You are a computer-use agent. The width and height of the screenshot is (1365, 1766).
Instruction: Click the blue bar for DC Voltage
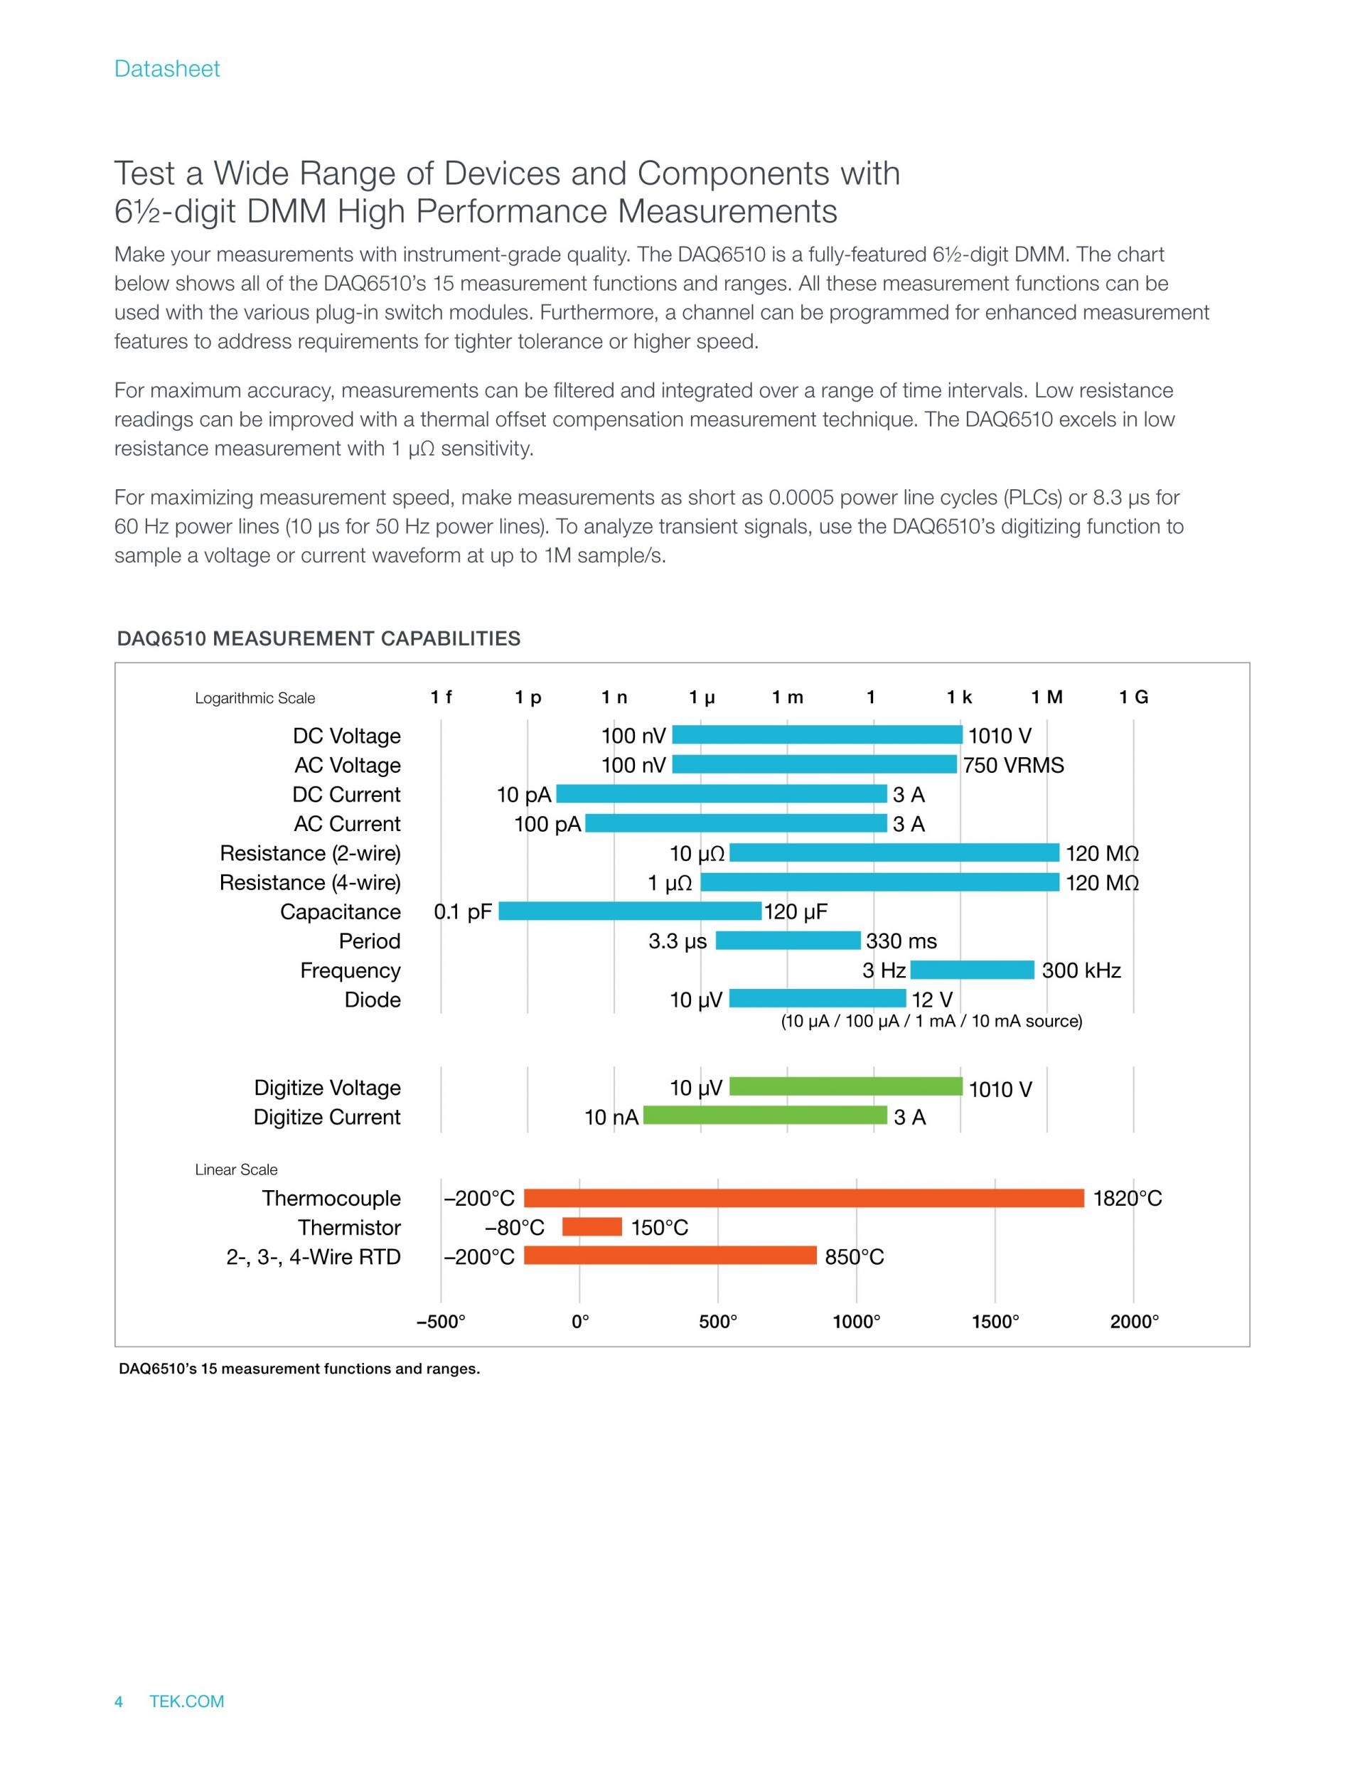817,734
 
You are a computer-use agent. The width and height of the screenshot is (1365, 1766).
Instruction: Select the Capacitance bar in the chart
630,911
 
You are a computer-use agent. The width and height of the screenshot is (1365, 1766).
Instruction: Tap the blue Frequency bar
972,970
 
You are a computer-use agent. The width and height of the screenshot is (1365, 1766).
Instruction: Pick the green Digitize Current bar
765,1116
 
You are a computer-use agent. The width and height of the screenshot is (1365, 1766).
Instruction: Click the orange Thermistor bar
592,1226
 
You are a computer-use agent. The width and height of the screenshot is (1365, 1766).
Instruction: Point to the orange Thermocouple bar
804,1197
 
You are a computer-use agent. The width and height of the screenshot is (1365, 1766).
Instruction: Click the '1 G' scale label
1133,697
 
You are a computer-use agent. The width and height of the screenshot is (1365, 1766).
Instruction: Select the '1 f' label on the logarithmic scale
441,697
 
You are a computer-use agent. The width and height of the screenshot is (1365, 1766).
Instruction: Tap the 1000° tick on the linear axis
857,1321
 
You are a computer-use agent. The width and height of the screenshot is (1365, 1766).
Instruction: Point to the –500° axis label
441,1321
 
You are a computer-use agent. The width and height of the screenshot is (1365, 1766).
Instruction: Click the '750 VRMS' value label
1013,765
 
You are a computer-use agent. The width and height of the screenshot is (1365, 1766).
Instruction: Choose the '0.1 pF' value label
463,912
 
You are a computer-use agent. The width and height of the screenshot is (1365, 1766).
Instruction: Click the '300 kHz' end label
1081,970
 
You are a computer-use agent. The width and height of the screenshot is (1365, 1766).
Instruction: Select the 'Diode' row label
372,1000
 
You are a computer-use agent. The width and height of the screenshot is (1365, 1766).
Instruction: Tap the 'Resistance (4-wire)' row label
310,883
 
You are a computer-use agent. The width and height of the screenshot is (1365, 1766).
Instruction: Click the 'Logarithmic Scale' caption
255,699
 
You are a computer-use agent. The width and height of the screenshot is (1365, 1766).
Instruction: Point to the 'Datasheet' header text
166,69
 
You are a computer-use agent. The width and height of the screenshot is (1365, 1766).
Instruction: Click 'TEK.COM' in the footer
187,1701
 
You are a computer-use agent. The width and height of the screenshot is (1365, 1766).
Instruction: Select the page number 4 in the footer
119,1701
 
